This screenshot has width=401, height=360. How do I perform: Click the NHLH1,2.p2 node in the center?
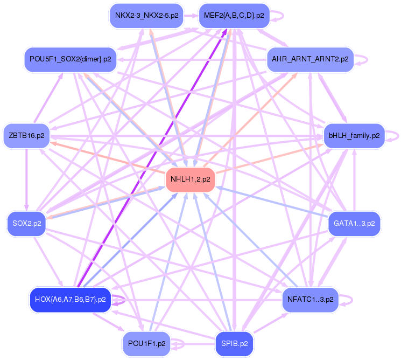[190, 179]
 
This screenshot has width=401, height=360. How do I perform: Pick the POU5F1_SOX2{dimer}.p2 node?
[71, 58]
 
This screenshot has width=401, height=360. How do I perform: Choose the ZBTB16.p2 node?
[26, 135]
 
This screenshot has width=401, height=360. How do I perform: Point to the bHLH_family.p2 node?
[354, 135]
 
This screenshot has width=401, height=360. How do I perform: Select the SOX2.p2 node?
[26, 223]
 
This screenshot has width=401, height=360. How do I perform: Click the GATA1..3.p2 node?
[354, 223]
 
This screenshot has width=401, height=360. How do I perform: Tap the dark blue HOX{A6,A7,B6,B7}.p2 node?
[70, 299]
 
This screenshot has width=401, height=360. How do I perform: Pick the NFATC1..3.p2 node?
[309, 299]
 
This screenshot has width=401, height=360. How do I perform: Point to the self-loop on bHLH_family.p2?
[397, 135]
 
